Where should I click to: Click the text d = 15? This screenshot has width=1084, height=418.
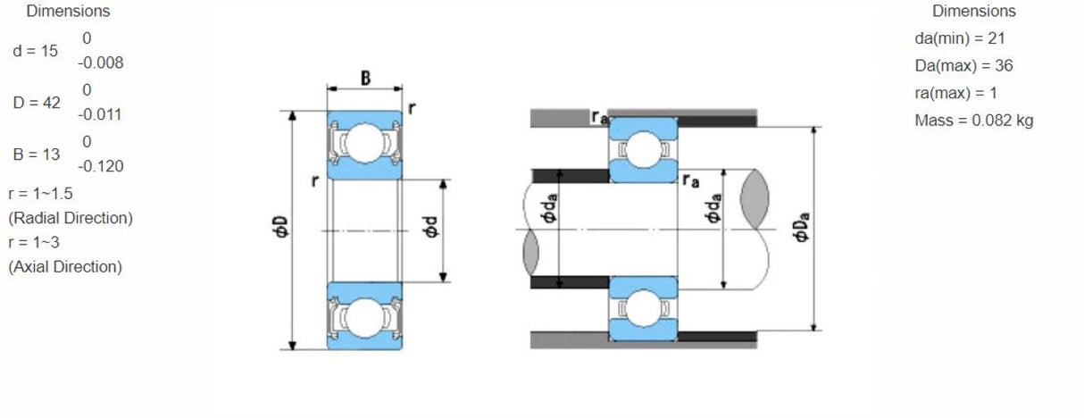point(36,51)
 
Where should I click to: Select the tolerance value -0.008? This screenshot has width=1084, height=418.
point(100,63)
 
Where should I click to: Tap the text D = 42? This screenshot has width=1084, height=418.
point(37,103)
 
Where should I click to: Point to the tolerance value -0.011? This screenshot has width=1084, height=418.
point(99,115)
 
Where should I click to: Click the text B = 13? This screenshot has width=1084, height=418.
point(37,155)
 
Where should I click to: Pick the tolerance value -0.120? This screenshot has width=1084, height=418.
point(100,167)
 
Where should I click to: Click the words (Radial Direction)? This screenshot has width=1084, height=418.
point(71,218)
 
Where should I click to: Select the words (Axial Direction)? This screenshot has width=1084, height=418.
point(65,267)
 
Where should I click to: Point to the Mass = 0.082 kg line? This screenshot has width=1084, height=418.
point(974,121)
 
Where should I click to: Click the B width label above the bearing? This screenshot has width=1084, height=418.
point(366,78)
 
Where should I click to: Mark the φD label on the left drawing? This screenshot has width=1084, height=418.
point(280,229)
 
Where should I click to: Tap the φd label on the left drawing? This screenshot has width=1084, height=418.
point(431,229)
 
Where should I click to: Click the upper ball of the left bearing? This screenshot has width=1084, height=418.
point(364,144)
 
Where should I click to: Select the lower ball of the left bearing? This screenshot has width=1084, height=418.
point(364,316)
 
